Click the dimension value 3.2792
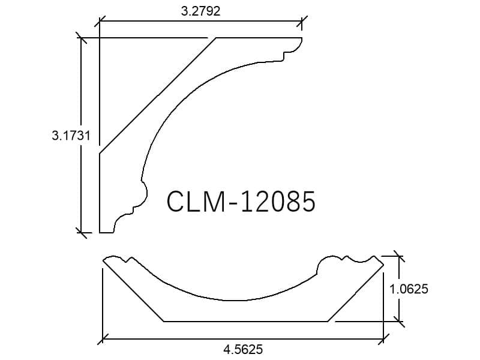point(200,11)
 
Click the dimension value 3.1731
point(71,136)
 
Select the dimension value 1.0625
point(409,289)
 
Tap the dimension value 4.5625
point(243,349)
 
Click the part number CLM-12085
point(241,201)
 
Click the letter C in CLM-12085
point(176,201)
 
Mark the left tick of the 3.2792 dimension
point(100,21)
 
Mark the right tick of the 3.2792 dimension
point(302,21)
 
